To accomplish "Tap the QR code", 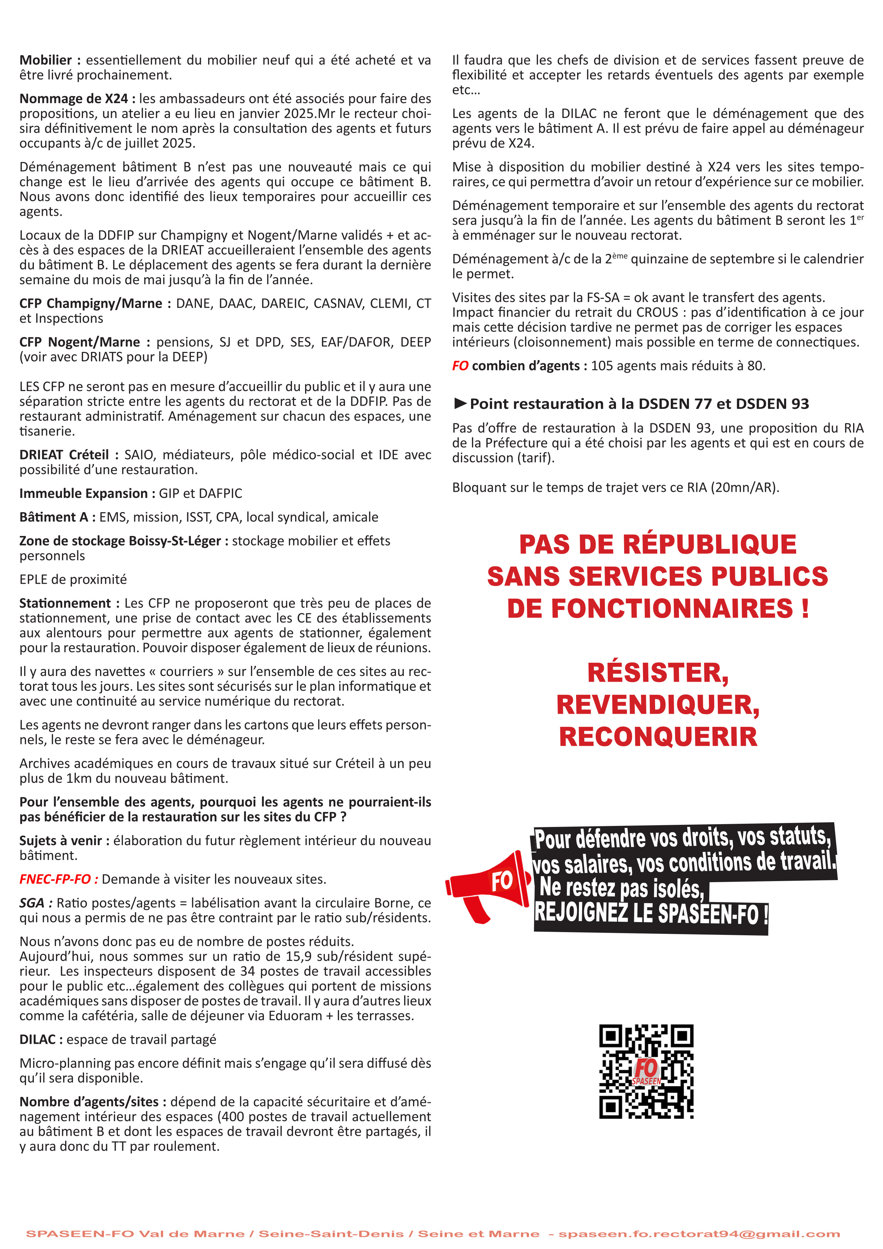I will click(646, 1071).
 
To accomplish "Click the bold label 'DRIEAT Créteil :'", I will click(69, 455).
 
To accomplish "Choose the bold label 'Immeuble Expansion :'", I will click(87, 493).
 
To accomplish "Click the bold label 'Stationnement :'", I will click(68, 603).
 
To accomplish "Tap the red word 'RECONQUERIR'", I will click(658, 737).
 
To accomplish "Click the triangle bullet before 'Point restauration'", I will click(460, 403).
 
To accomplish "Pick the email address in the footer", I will click(699, 1234).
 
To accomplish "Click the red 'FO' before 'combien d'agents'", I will click(460, 366).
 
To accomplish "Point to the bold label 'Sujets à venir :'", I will click(64, 841).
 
